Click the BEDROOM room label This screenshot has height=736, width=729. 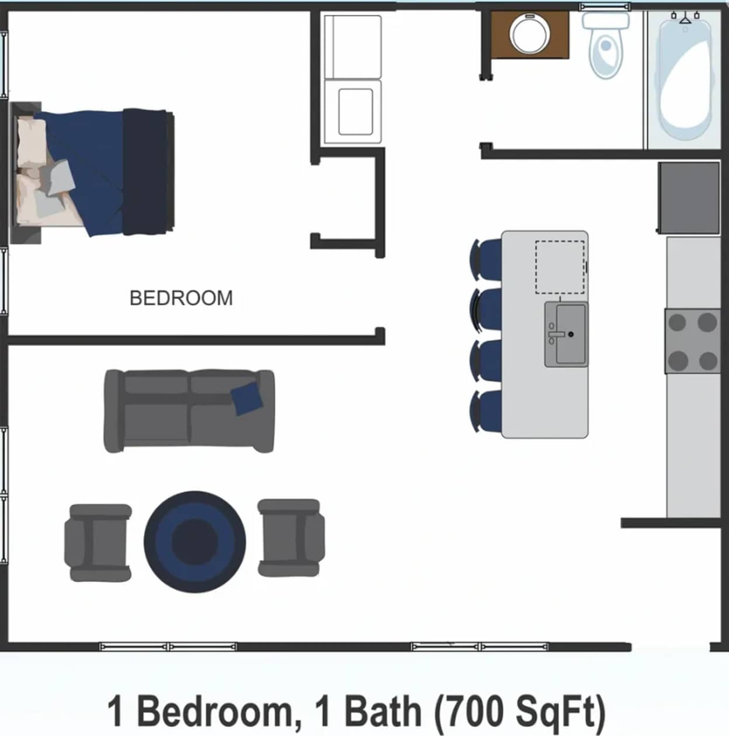(181, 298)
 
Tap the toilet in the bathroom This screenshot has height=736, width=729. (606, 45)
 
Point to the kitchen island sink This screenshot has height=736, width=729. (566, 334)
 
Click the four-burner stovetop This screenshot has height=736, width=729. (693, 341)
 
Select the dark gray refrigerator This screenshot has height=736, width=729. (689, 198)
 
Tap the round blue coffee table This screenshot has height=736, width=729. (195, 541)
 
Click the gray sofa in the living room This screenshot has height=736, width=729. (189, 411)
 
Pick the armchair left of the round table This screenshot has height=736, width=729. (98, 543)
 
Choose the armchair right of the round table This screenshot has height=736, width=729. (290, 538)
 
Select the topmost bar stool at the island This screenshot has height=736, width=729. (486, 259)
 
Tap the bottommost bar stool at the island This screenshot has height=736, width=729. (486, 411)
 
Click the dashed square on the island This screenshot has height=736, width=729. (560, 267)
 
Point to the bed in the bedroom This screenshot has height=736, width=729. (93, 172)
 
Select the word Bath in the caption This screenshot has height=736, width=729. (383, 711)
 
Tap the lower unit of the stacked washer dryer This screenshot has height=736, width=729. (353, 111)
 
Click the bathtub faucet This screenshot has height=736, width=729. (685, 18)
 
